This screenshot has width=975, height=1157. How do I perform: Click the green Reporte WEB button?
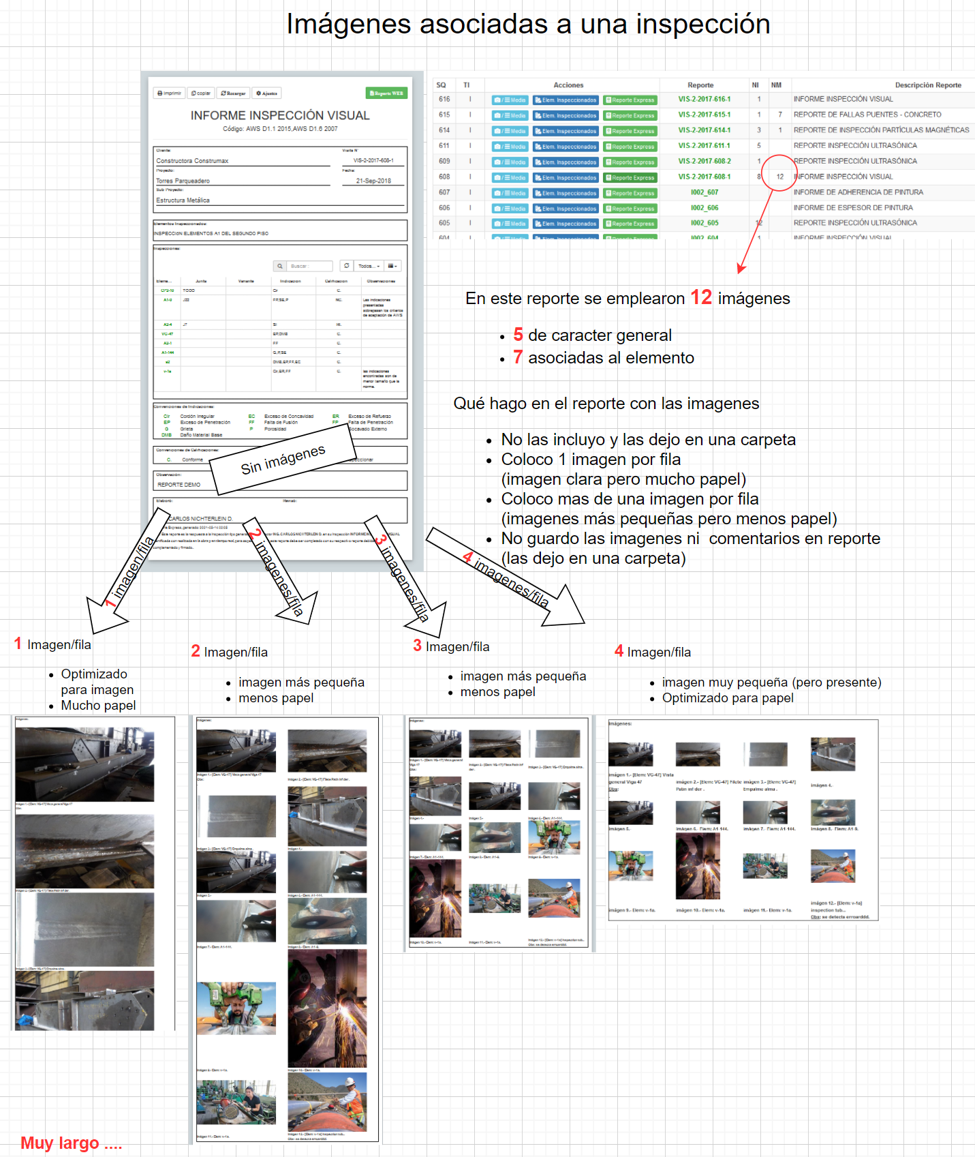[386, 93]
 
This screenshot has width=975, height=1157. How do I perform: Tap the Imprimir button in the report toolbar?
[170, 93]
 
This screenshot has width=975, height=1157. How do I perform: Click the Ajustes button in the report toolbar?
[266, 93]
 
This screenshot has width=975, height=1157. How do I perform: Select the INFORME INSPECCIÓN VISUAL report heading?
[280, 115]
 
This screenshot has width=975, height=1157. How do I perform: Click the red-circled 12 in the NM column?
[779, 177]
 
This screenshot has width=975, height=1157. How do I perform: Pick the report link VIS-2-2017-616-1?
[704, 100]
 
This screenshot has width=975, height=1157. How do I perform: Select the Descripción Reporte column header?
[927, 85]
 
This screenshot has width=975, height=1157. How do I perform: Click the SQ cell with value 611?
[444, 146]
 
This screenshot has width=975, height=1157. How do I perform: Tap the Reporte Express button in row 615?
[630, 116]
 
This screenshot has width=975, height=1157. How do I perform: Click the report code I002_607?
[704, 192]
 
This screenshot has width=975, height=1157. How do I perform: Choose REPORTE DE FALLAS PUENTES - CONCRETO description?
[867, 115]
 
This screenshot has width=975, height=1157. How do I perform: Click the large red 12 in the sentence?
[700, 297]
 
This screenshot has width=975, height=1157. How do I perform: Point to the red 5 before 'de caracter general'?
[518, 335]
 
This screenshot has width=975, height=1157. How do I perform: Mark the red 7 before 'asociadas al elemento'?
[518, 357]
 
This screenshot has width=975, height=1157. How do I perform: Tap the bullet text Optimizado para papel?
[727, 698]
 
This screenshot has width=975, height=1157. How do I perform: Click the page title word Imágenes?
[348, 25]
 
